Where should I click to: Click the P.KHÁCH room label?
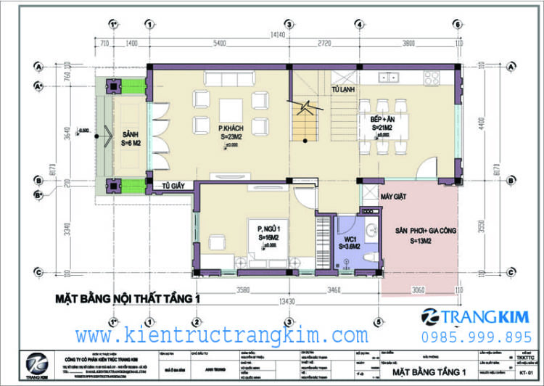pos(230,128)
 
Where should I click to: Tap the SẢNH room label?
pos(130,134)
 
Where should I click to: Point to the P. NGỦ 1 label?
pos(268,230)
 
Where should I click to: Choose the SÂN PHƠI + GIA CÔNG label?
pos(425,232)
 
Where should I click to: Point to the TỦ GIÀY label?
pos(175,186)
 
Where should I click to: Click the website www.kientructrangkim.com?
pos(221,336)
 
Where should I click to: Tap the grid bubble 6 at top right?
pos(458,23)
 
